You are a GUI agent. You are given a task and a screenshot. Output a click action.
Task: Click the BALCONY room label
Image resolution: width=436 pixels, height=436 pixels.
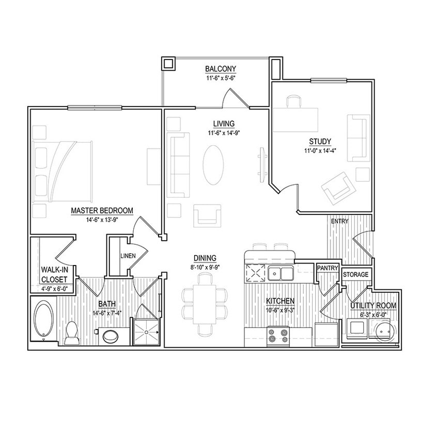(x=221, y=69)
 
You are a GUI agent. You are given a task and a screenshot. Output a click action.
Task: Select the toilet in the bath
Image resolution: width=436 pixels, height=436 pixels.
(x=72, y=333)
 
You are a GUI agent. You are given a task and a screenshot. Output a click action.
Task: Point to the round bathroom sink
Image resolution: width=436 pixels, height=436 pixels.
(x=111, y=336)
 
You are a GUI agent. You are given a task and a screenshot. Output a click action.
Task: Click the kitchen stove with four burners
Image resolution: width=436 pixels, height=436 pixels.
(x=278, y=336)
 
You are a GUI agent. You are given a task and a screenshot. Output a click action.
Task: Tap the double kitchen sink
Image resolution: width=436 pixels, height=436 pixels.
(x=281, y=273)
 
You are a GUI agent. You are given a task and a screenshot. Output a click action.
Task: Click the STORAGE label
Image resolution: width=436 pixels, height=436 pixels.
(x=355, y=274)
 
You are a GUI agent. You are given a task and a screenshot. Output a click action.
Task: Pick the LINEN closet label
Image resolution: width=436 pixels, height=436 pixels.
(x=128, y=256)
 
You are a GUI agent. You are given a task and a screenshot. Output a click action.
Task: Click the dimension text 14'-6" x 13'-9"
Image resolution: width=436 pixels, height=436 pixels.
(x=101, y=219)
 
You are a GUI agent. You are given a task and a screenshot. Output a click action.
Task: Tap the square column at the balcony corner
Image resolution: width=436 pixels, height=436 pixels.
(x=169, y=64)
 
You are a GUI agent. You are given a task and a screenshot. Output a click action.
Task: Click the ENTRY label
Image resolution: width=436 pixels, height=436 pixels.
(x=339, y=221)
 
